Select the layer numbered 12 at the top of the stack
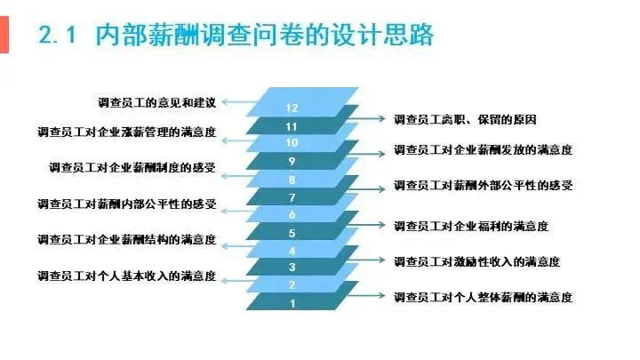pos(292,108)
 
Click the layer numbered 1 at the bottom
pos(292,302)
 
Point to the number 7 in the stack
pos(292,196)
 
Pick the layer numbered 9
pos(292,161)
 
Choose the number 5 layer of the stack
pos(292,233)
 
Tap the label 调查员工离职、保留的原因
pos(465,118)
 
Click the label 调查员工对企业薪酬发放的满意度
pos(483,150)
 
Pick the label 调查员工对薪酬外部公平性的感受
pos(483,186)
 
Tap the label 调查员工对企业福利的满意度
pos(471,226)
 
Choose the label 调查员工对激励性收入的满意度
pos(477,261)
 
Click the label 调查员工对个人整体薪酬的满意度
pos(483,296)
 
